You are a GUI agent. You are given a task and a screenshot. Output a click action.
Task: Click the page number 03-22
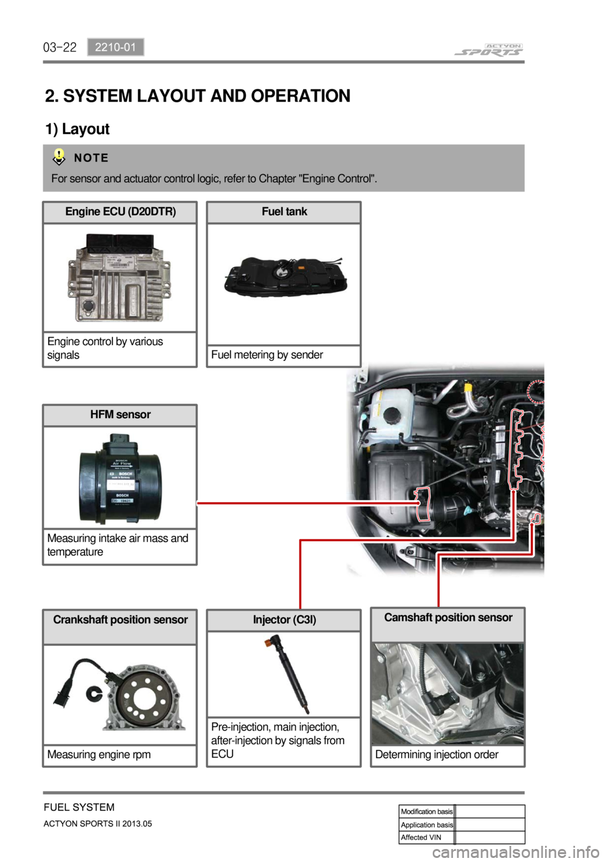[x=60, y=47]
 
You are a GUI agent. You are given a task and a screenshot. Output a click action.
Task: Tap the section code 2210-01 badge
[x=116, y=47]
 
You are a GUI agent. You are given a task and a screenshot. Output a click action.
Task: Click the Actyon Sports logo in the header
[x=489, y=50]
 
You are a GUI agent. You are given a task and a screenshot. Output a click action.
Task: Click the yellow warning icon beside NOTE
[x=59, y=156]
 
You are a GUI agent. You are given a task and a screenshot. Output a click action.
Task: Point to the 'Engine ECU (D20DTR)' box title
[x=120, y=212]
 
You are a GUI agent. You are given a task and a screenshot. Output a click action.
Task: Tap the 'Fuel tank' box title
[x=284, y=212]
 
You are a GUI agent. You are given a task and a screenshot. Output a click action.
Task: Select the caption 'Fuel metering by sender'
[x=267, y=355]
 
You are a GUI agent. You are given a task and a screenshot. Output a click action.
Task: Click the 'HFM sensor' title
[x=120, y=414]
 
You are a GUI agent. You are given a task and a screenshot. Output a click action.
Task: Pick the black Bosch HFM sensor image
[x=120, y=478]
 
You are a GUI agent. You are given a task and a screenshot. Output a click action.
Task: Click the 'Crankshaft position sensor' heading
[x=120, y=620]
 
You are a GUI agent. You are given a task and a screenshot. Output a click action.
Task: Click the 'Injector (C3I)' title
[x=284, y=620]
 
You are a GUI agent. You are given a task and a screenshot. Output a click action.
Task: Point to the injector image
[x=288, y=675]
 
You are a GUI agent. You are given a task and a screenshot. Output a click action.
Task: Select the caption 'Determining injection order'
[x=437, y=754]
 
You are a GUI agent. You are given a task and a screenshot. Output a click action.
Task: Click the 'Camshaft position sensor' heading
[x=448, y=617]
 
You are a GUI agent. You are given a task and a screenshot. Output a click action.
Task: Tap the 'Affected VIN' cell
[x=421, y=838]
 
